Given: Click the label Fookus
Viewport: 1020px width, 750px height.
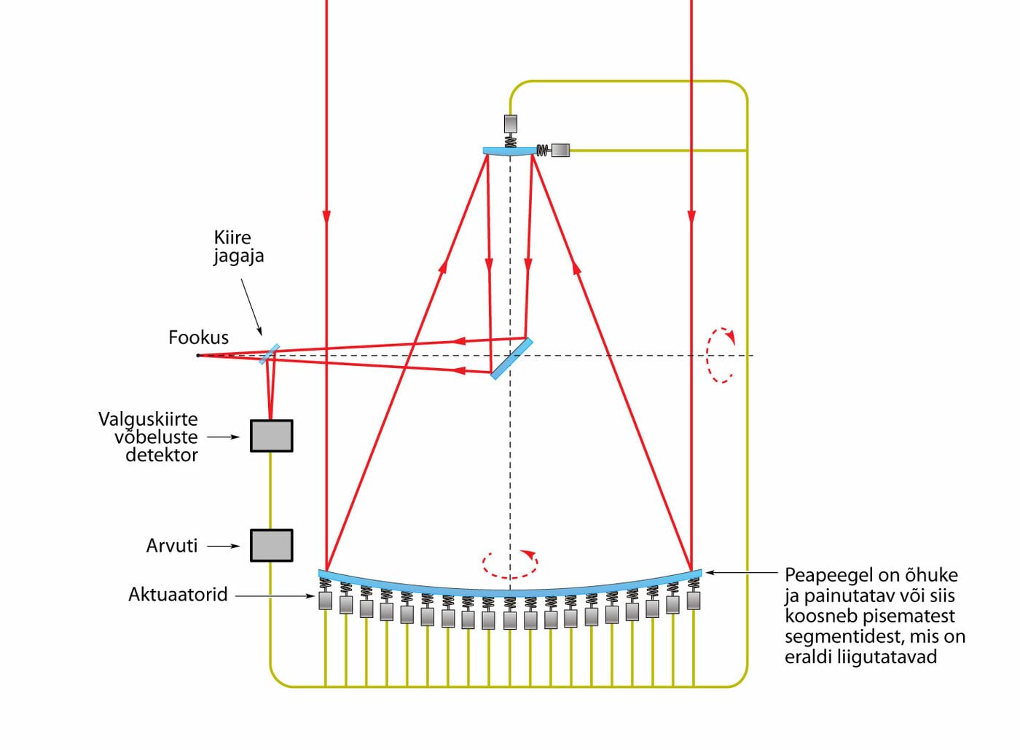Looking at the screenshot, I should (198, 337).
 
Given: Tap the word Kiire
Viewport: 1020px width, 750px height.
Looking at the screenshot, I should (232, 238).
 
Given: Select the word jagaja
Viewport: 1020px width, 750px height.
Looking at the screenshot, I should (238, 256).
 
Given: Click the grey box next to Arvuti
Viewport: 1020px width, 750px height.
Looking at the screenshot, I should (272, 545).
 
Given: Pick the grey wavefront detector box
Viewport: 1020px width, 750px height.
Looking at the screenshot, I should (272, 436).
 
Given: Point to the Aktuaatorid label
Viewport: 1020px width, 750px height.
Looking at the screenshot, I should (178, 595).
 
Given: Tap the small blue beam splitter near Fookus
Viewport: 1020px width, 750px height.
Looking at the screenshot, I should (269, 354).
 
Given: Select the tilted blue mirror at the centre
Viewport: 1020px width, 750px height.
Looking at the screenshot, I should (511, 359).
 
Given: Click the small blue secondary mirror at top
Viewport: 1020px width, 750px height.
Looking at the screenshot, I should (509, 152).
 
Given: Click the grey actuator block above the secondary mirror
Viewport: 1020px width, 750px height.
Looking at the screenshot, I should (511, 122).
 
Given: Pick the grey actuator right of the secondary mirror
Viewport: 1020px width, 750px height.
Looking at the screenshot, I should (560, 150).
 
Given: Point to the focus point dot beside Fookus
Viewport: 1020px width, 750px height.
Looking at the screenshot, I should (198, 356).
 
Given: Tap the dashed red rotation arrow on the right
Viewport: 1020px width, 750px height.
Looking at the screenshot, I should (721, 355).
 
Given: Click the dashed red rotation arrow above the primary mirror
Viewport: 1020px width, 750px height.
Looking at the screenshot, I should (510, 563).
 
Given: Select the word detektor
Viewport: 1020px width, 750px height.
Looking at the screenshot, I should (162, 456).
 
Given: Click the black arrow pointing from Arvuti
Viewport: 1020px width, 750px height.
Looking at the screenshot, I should (224, 545).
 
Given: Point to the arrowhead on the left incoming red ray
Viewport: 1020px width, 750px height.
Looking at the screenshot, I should (326, 216).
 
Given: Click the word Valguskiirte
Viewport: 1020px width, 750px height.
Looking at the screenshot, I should (148, 419).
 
